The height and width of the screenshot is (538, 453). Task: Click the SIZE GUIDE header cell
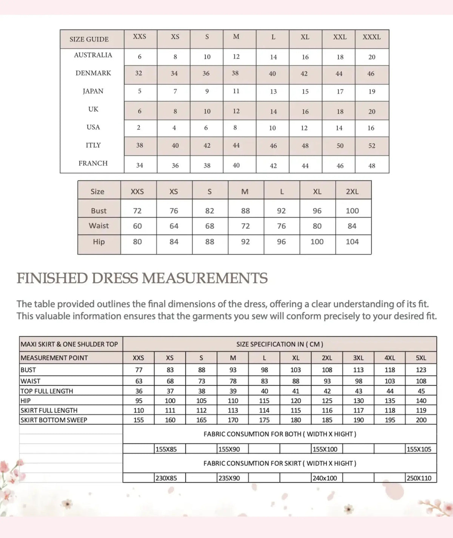[89, 39]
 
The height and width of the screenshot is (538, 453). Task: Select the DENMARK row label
[93, 73]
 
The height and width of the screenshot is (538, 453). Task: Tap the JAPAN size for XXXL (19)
[372, 92]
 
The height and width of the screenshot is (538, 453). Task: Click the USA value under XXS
[139, 128]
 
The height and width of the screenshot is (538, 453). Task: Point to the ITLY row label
[93, 145]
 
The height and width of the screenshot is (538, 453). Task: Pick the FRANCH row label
[93, 163]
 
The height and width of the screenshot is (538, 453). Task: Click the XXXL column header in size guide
[371, 37]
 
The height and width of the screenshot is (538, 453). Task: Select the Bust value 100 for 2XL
[352, 211]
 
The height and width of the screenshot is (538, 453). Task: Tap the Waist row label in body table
[99, 226]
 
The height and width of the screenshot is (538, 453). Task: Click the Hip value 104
[352, 242]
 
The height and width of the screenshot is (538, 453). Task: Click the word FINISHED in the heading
[52, 278]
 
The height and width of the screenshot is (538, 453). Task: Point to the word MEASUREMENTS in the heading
[205, 278]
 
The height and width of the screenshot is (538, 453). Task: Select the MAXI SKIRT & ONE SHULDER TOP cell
[69, 344]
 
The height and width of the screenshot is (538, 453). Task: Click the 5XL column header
[421, 358]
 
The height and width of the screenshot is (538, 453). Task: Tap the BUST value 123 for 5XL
[421, 370]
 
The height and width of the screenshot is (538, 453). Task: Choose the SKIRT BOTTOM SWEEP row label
[54, 420]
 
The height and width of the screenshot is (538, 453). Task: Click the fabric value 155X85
[166, 449]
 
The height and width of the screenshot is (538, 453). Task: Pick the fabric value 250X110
[419, 478]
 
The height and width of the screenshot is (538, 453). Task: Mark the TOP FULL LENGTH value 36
[139, 391]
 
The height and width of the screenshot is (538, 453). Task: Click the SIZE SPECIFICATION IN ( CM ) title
[280, 344]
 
